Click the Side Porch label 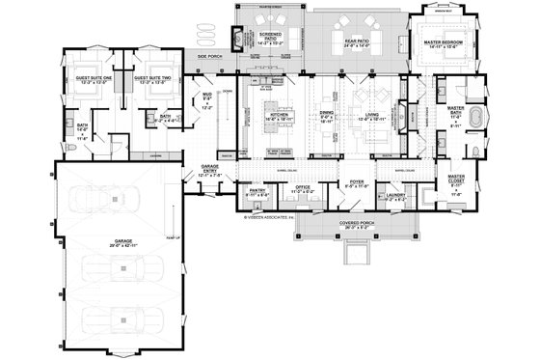[210, 58]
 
